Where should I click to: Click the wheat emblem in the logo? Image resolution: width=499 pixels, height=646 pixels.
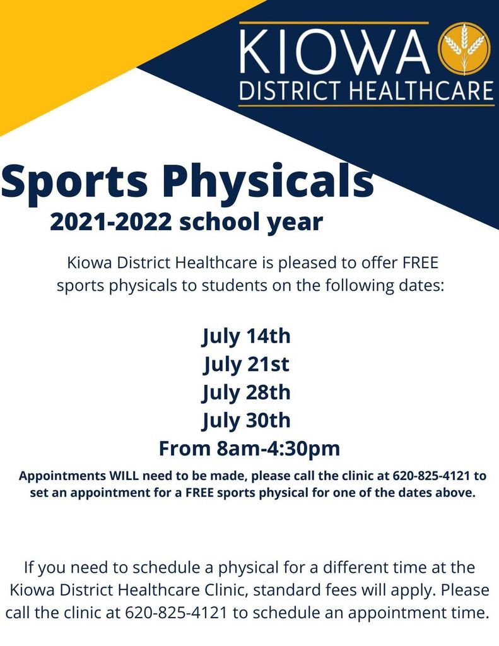464,48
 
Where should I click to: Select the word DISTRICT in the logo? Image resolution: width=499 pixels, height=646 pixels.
291,91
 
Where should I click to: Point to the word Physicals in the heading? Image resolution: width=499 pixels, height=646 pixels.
267,181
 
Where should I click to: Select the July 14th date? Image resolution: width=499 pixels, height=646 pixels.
247,337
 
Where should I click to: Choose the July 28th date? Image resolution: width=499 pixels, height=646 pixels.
247,393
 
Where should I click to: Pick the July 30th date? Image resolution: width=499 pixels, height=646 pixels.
247,421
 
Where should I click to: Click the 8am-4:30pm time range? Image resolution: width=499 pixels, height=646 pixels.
278,449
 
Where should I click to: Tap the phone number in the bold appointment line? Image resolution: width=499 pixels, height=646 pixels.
431,476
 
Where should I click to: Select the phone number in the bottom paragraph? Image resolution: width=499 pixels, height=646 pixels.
176,613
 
